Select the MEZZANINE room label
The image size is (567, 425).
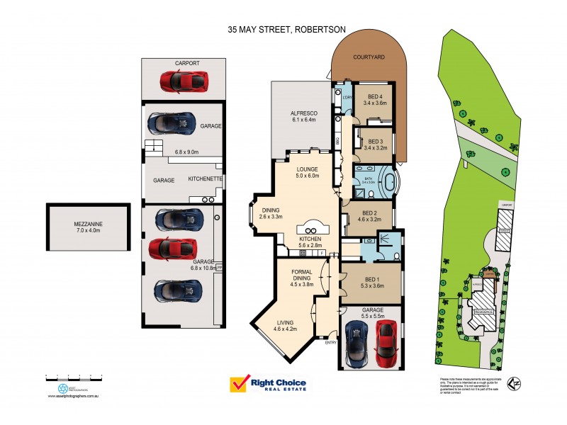(x=89, y=225)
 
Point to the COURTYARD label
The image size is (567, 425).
(x=369, y=57)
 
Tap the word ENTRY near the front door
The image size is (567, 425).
(x=331, y=343)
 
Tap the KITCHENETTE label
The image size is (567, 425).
(x=206, y=180)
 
